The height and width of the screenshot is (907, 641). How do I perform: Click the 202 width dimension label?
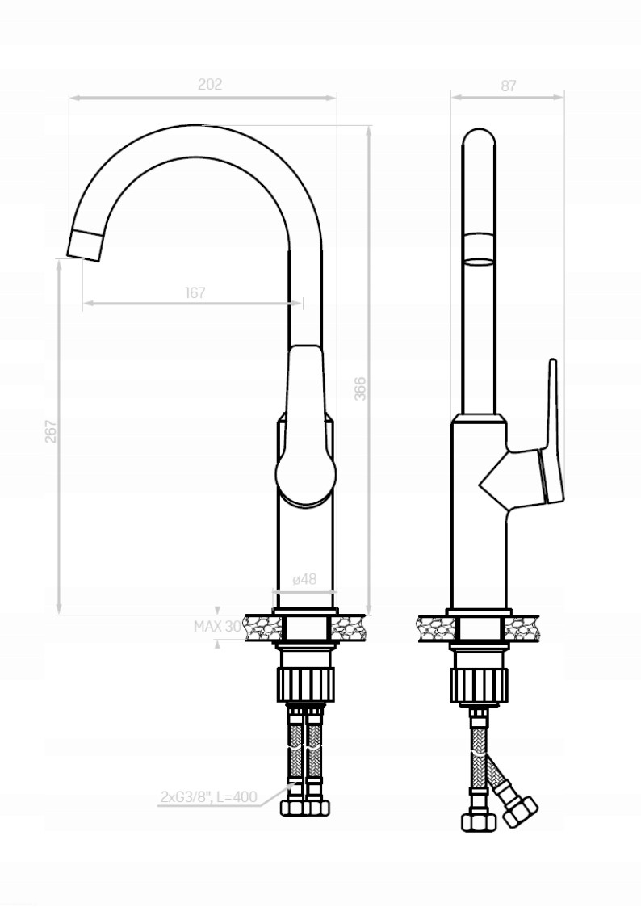point(210,85)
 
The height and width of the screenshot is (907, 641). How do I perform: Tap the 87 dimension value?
point(508,86)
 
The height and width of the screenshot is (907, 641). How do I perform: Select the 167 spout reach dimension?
point(195,292)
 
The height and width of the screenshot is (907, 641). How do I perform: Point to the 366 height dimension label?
point(359,388)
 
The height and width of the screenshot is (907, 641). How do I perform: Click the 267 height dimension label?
point(51,431)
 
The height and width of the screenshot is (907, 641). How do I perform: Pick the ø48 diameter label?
point(304,579)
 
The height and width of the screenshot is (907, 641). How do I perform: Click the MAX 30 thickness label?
point(217,627)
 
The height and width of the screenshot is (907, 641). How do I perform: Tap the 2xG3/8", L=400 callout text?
point(208,796)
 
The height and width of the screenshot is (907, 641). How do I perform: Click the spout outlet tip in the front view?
point(85,245)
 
